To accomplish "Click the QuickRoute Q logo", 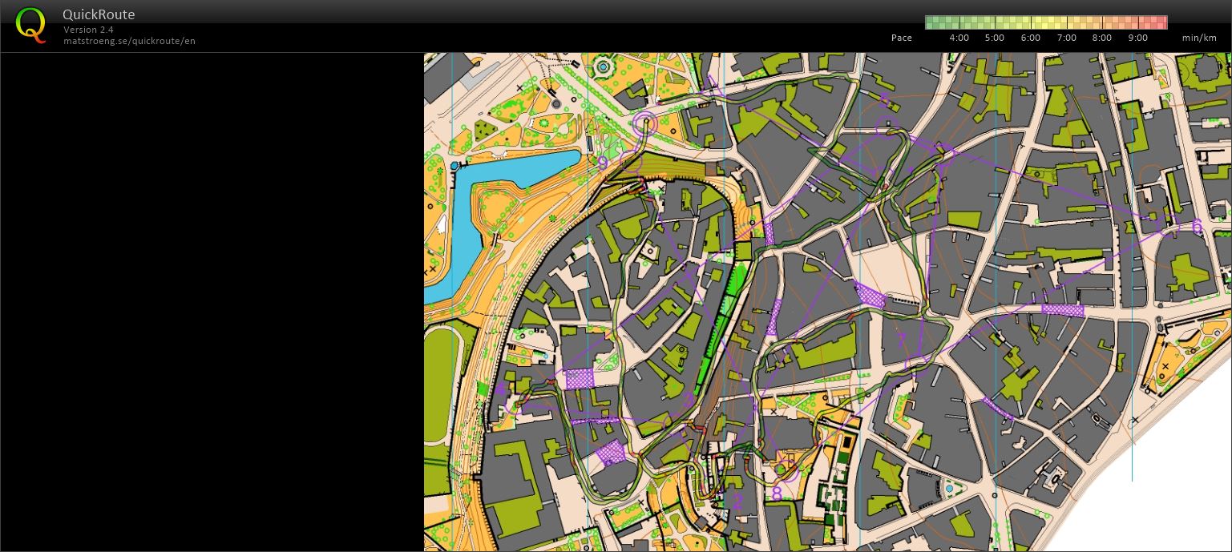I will pyautogui.click(x=30, y=25).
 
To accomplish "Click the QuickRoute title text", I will pyautogui.click(x=99, y=14).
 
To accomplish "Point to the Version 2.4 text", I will pyautogui.click(x=88, y=30).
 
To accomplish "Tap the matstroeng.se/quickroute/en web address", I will pyautogui.click(x=129, y=41).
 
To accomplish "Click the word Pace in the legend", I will pyautogui.click(x=901, y=38).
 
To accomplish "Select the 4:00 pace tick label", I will pyautogui.click(x=959, y=38).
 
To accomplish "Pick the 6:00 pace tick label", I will pyautogui.click(x=1030, y=38).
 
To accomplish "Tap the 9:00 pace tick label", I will pyautogui.click(x=1137, y=38).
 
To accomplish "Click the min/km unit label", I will pyautogui.click(x=1198, y=38).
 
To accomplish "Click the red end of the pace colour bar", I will pyautogui.click(x=1161, y=22).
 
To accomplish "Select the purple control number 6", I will pyautogui.click(x=1197, y=227).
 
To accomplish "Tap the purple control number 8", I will pyautogui.click(x=776, y=494).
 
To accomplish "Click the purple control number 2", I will pyautogui.click(x=737, y=502).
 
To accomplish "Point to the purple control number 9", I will pyautogui.click(x=603, y=163).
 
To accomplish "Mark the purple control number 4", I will pyautogui.click(x=500, y=390).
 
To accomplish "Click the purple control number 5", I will pyautogui.click(x=884, y=100).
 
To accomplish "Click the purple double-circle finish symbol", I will pyautogui.click(x=644, y=123).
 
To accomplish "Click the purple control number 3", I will pyautogui.click(x=689, y=399).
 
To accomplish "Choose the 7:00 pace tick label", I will pyautogui.click(x=1066, y=38).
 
